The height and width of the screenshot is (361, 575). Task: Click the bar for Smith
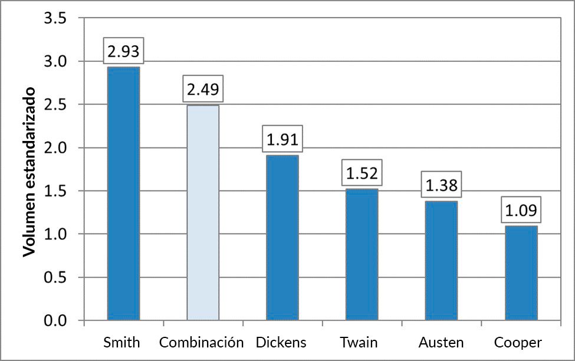coord(123,195)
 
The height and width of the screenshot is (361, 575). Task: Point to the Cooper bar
coord(521,273)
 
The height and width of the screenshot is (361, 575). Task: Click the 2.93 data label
coord(124,52)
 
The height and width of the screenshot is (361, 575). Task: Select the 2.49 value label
coord(203,90)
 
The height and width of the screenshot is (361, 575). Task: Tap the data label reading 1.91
coord(282,140)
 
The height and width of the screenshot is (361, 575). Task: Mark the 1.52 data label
coord(362,173)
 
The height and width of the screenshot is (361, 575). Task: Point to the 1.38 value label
coord(441,186)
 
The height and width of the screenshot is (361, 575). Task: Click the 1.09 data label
coord(521,211)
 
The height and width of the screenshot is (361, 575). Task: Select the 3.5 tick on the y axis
coord(55,19)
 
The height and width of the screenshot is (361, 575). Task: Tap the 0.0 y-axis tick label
coord(55,321)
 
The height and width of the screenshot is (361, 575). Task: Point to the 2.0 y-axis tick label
coord(55,148)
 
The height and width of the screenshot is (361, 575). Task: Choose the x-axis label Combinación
coord(202,342)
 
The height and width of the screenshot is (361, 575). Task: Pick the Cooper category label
coord(518,342)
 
